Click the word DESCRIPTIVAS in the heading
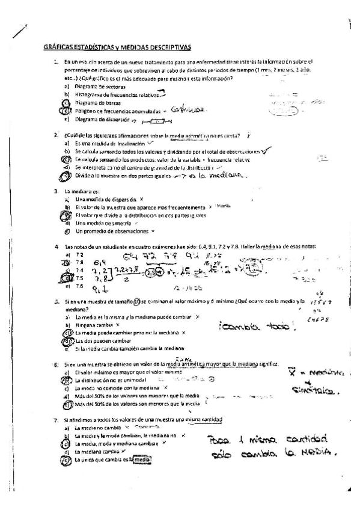tap(169, 46)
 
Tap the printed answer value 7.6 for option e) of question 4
tap(79, 286)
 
